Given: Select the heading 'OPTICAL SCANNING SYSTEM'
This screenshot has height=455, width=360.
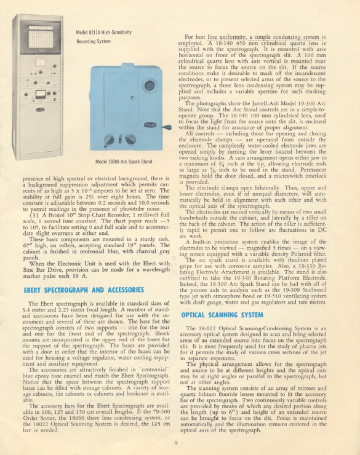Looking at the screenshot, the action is click(222, 315).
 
